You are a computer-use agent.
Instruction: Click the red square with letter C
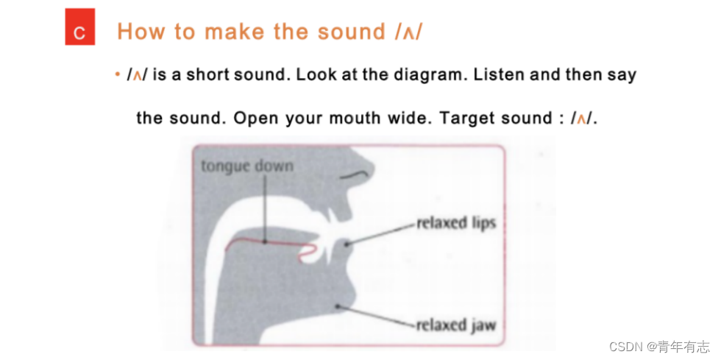pos(80,27)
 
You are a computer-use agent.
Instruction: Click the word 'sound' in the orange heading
pos(352,32)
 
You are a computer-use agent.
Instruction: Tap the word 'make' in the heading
pos(234,32)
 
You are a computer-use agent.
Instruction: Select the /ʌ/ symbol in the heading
pos(408,32)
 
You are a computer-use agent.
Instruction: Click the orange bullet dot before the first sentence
pos(118,74)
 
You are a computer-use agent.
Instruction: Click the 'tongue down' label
pos(247,166)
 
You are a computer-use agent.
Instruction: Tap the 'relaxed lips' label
pos(456,223)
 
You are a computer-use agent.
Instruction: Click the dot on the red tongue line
pos(265,241)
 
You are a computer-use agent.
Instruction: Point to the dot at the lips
pos(347,244)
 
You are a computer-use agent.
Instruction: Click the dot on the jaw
pos(338,306)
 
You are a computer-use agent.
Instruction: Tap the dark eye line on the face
pos(353,174)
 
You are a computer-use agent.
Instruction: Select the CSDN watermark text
pos(659,347)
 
